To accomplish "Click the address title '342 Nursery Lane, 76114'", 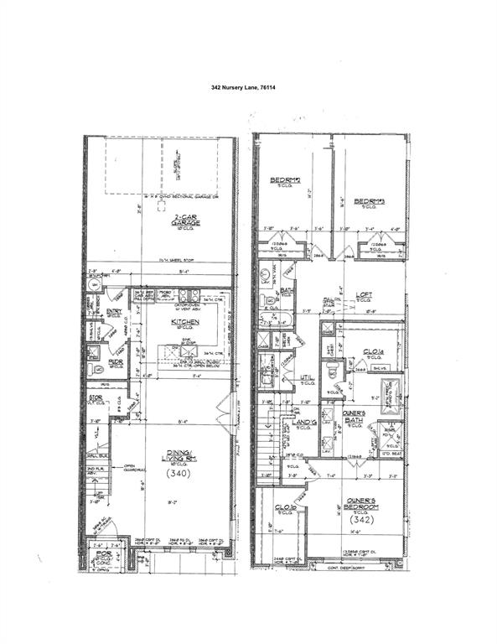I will [x=248, y=86].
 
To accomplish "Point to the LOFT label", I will [x=364, y=294].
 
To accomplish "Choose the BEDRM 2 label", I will [x=280, y=181].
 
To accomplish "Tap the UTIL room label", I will [x=308, y=378].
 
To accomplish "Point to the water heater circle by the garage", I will [x=95, y=284].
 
